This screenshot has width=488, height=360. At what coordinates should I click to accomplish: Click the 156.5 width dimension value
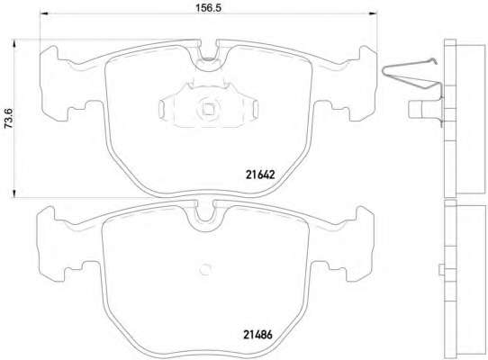click(208, 8)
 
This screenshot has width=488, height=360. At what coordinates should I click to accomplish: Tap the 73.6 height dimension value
click(8, 119)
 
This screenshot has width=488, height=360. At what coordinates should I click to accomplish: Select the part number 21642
click(260, 175)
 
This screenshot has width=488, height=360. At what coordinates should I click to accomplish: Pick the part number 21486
click(258, 335)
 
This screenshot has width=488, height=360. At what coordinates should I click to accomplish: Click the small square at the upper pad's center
click(208, 109)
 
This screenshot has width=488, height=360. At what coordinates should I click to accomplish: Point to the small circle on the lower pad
click(205, 269)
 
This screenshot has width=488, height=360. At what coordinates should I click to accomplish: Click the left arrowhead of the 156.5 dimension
click(44, 13)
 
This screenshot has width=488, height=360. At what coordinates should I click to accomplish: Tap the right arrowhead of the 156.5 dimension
click(373, 13)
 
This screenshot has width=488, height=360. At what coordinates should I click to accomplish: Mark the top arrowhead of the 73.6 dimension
click(14, 43)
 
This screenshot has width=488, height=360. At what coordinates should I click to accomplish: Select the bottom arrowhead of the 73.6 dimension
click(14, 193)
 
